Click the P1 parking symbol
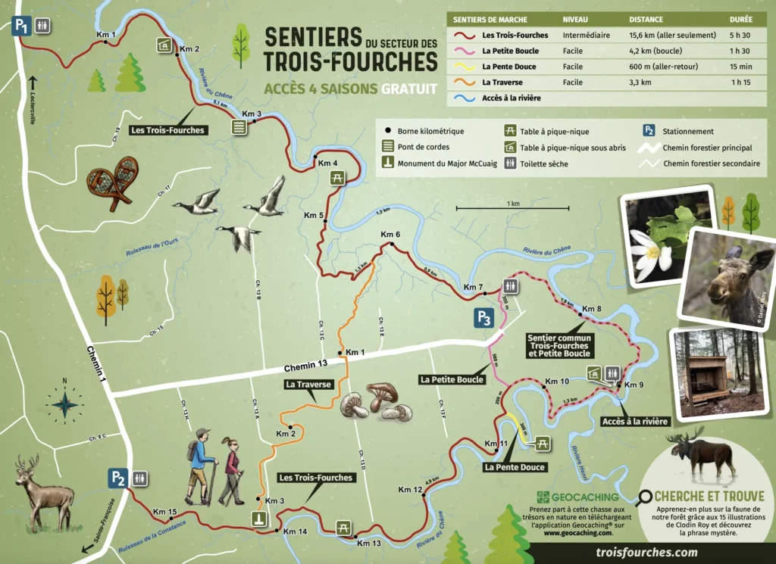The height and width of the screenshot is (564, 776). pyautogui.click(x=21, y=26)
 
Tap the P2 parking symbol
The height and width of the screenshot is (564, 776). pyautogui.click(x=117, y=478)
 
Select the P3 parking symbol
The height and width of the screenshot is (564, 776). pyautogui.click(x=484, y=318)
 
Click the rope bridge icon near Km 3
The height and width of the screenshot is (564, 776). pyautogui.click(x=239, y=127)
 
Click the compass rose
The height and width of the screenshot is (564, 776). pyautogui.click(x=66, y=401)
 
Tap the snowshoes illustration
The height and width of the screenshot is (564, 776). pyautogui.click(x=113, y=182)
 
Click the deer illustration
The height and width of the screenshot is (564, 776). pyautogui.click(x=43, y=492)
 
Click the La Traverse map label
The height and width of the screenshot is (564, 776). pyautogui.click(x=308, y=385)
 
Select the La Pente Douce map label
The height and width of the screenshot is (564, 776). pyautogui.click(x=515, y=467)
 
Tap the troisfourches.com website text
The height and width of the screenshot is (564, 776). pyautogui.click(x=646, y=553)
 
